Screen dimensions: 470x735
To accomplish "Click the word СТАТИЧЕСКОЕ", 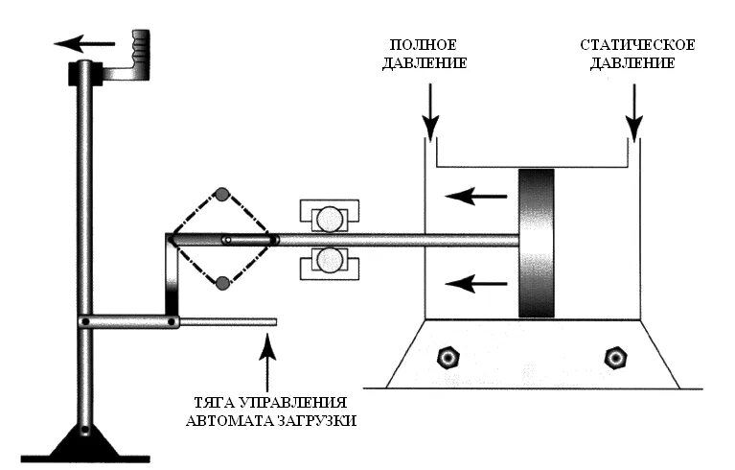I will [637, 45].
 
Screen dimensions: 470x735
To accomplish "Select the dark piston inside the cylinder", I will [536, 243].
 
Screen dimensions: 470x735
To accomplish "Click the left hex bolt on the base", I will [446, 358].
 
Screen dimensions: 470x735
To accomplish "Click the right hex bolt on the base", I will [612, 358].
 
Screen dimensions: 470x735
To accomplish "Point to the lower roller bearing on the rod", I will [329, 261].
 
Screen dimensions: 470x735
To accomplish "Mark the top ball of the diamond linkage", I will [221, 194].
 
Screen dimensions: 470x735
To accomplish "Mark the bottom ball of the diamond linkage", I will [222, 282].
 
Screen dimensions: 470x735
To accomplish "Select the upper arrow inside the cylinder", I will [475, 197].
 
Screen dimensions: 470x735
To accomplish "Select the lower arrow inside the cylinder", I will [475, 282].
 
